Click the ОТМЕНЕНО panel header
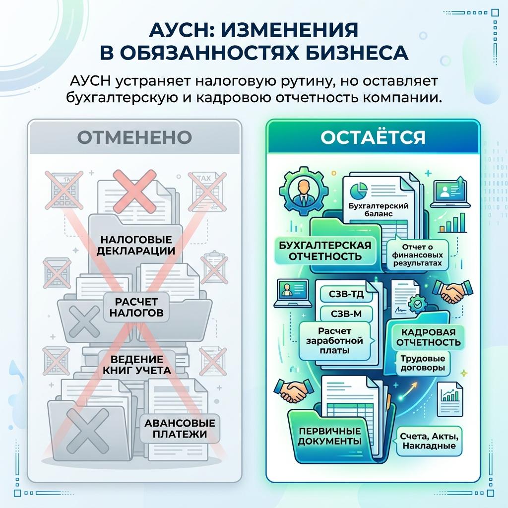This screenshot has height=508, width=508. pyautogui.click(x=134, y=137)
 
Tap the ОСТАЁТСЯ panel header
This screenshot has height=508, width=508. pyautogui.click(x=373, y=137)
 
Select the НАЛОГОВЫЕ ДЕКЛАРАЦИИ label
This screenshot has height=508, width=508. pyautogui.click(x=136, y=245)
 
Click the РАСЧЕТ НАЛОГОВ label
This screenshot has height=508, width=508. pyautogui.click(x=136, y=307)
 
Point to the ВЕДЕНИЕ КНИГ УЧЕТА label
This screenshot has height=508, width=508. pyautogui.click(x=137, y=365)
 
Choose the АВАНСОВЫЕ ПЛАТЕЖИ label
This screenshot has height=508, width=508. pyautogui.click(x=180, y=428)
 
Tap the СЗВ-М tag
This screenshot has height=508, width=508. pyautogui.click(x=346, y=314)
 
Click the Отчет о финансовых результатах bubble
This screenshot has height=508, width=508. pyautogui.click(x=418, y=255)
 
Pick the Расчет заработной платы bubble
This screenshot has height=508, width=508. pyautogui.click(x=335, y=341)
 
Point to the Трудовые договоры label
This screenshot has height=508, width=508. pyautogui.click(x=423, y=363)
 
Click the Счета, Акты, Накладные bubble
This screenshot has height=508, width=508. pyautogui.click(x=429, y=441)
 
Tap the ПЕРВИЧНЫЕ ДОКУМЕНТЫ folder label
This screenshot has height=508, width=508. pyautogui.click(x=329, y=436)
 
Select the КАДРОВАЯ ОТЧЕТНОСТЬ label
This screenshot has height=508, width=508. pyautogui.click(x=429, y=337)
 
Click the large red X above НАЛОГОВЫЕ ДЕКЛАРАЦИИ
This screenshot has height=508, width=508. pyautogui.click(x=134, y=191)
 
